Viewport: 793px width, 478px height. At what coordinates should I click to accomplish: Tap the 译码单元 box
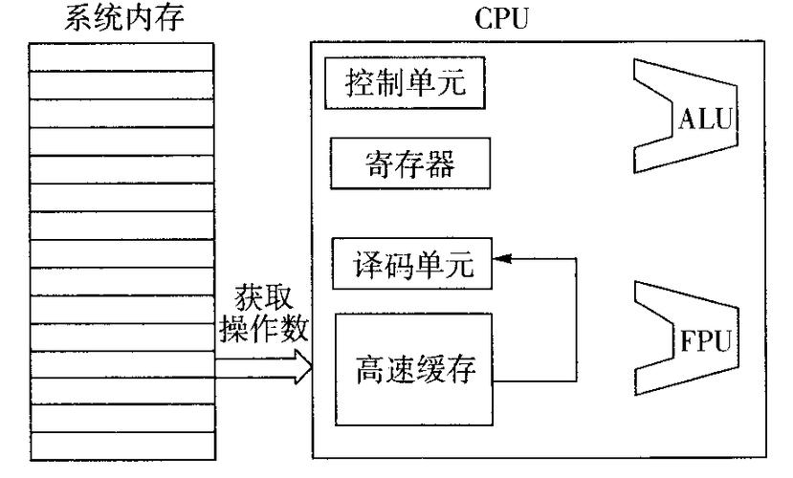pyautogui.click(x=412, y=263)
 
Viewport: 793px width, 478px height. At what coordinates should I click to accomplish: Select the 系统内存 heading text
pyautogui.click(x=121, y=19)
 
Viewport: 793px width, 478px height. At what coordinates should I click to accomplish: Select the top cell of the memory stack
pyautogui.click(x=121, y=57)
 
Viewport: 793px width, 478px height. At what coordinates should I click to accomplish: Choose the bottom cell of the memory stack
pyautogui.click(x=121, y=445)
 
